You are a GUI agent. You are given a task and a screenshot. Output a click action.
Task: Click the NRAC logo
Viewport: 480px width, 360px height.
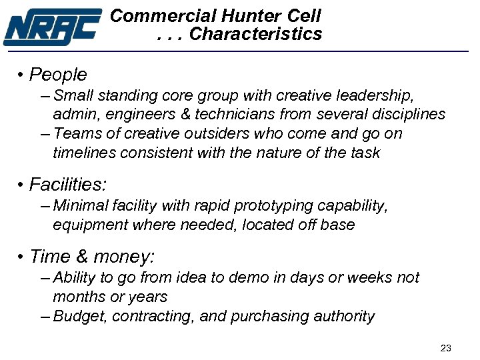[52, 27]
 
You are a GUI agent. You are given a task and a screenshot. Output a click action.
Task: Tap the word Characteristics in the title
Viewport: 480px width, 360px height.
[255, 34]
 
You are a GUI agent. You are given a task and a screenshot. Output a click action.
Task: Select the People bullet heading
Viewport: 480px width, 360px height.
[58, 75]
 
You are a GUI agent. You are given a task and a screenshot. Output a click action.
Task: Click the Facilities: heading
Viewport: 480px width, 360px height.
[68, 184]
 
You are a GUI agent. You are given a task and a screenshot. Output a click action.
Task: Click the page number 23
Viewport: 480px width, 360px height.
[446, 348]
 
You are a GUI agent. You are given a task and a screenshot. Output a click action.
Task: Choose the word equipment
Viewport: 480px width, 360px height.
[90, 225]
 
